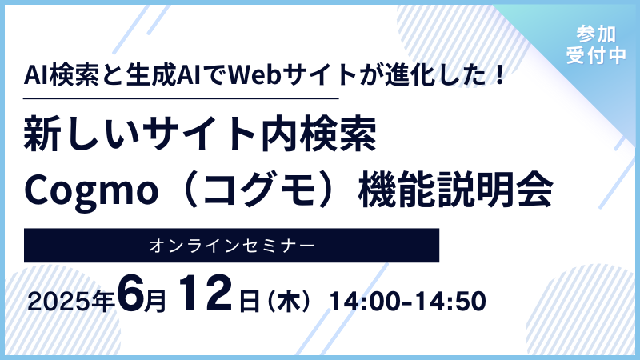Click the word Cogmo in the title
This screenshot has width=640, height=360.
click(91, 190)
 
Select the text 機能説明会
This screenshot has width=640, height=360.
click(455, 190)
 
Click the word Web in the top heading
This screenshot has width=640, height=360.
click(254, 75)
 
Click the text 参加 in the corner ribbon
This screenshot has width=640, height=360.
click(596, 34)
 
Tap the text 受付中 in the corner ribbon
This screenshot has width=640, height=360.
click(596, 54)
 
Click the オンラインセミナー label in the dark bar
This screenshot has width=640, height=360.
click(231, 246)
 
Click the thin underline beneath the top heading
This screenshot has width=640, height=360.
click(182, 98)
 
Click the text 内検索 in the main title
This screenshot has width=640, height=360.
click(318, 134)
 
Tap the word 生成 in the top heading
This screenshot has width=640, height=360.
click(151, 75)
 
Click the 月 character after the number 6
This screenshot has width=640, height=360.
click(155, 302)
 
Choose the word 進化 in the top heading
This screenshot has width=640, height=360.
click(410, 75)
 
